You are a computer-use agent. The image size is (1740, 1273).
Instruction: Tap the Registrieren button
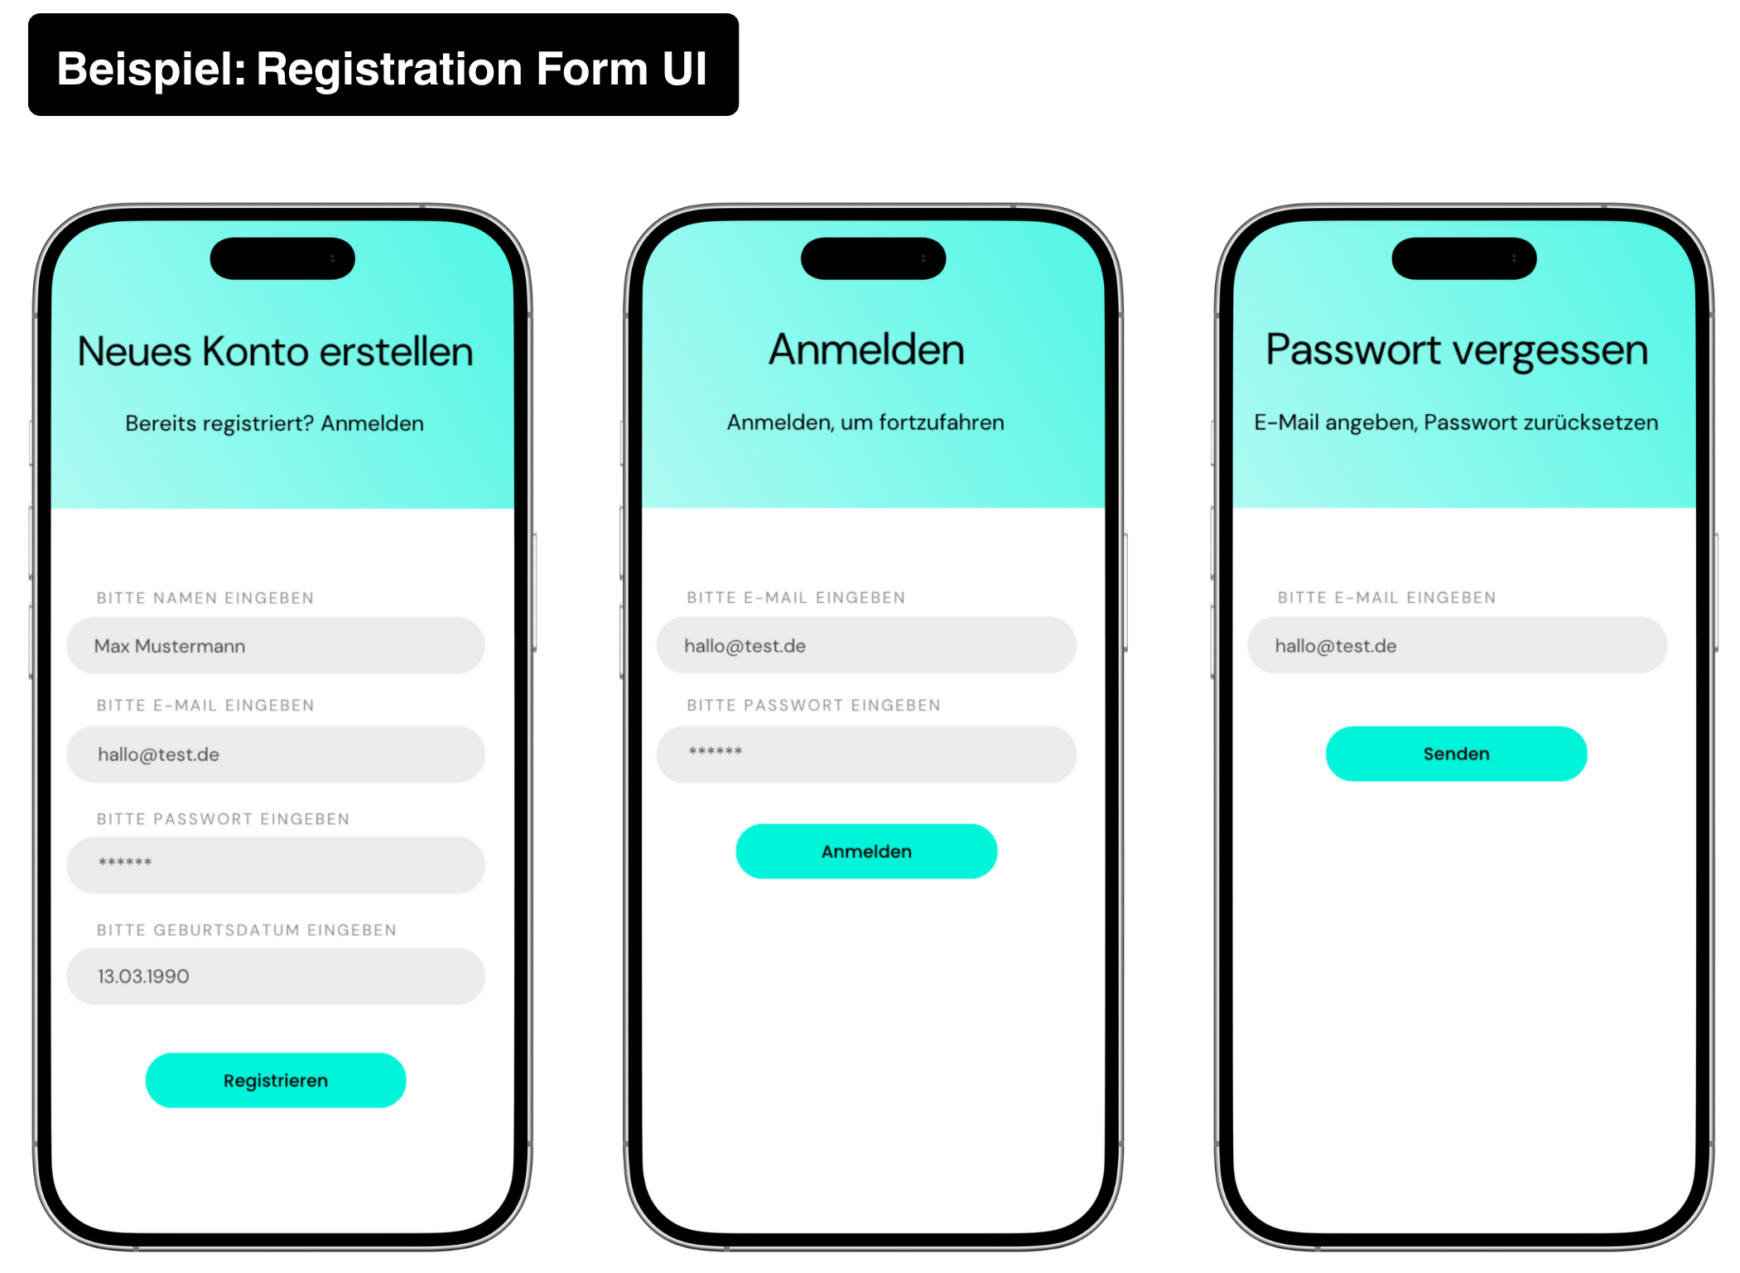(276, 1080)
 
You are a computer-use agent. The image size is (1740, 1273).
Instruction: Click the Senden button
(1456, 754)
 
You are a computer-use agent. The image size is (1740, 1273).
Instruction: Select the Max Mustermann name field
(276, 646)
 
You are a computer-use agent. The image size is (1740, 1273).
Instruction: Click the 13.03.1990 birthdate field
(276, 976)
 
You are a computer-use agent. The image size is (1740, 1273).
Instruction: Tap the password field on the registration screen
(276, 865)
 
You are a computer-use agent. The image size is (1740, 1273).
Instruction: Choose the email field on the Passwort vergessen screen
(1457, 646)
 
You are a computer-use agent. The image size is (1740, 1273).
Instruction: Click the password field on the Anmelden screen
(866, 754)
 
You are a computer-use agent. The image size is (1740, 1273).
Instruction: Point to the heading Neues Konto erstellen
(276, 352)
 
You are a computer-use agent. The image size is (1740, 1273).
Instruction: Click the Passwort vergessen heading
(1457, 350)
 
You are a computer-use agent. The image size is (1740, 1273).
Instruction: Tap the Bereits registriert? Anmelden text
(274, 423)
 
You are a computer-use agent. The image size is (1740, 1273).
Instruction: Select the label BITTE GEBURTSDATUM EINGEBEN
(247, 930)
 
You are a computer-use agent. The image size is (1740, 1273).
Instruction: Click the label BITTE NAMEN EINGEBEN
(205, 598)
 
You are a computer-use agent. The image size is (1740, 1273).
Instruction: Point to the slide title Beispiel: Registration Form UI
(382, 69)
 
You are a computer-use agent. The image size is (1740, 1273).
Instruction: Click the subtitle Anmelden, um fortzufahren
(865, 422)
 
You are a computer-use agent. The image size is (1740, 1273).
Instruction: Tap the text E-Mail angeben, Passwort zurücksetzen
(1456, 422)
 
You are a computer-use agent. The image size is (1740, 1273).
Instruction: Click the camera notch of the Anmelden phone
(873, 258)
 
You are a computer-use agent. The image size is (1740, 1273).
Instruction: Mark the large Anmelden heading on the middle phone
(866, 350)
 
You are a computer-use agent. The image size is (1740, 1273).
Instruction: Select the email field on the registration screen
(276, 755)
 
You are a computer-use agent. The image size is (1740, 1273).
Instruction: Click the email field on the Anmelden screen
(866, 646)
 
